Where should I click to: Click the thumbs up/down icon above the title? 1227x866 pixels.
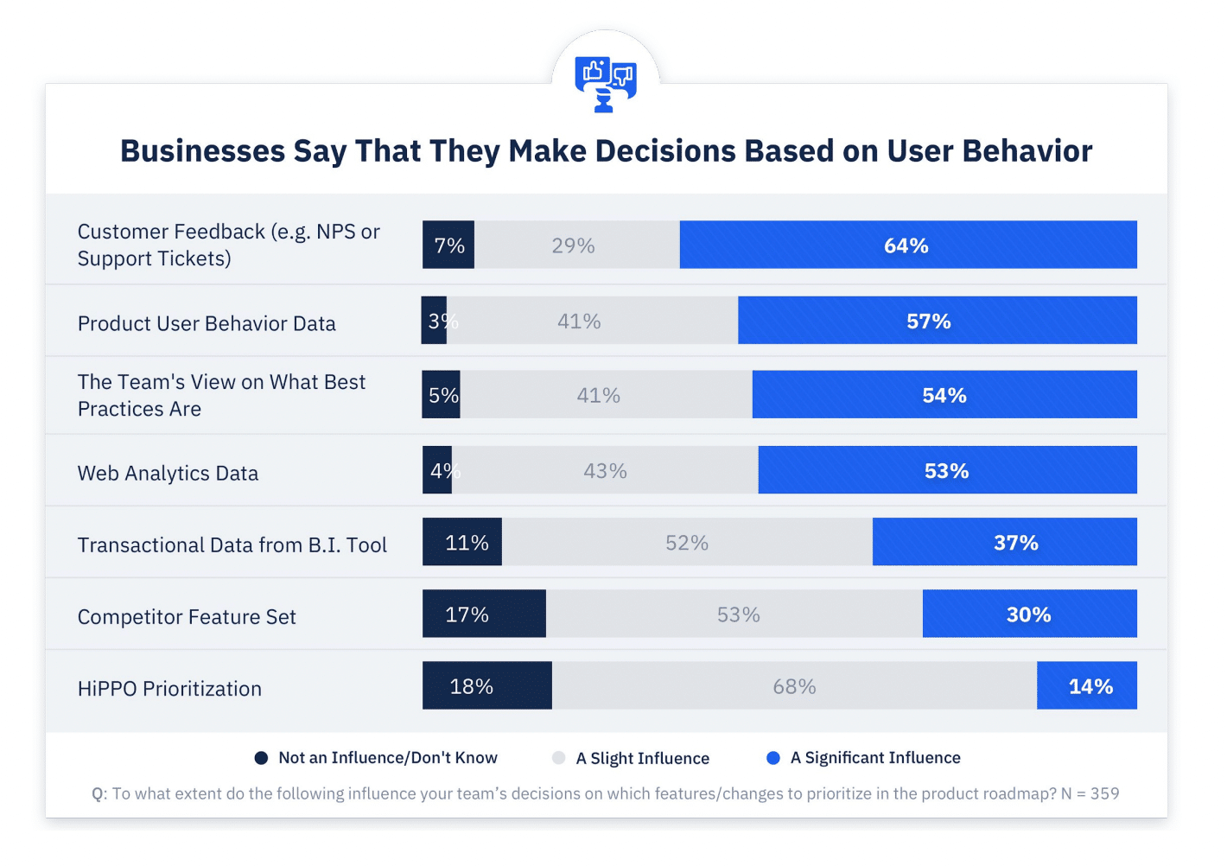(606, 84)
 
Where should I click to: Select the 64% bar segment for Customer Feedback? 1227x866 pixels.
(907, 245)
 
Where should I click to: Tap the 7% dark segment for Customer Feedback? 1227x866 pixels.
(448, 245)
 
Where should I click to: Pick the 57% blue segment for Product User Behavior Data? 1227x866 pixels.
(937, 321)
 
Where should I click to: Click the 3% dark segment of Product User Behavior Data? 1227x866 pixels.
(434, 321)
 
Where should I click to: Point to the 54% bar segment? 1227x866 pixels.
(944, 395)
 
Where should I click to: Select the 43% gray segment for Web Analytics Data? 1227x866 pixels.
(605, 471)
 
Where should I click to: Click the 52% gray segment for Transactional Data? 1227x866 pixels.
(687, 543)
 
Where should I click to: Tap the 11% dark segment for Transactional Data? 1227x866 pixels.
(462, 543)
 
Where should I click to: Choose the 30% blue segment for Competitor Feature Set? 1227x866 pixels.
(1029, 614)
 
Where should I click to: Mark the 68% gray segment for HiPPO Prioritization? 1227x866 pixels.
(794, 686)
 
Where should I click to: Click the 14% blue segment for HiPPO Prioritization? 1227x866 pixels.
(1087, 686)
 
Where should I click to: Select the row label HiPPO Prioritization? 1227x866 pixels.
(169, 689)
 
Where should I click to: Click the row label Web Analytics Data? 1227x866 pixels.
(168, 474)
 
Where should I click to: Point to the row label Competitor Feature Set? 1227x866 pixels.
(187, 617)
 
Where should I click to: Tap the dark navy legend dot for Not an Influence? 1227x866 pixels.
(261, 758)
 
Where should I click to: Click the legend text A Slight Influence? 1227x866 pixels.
(642, 758)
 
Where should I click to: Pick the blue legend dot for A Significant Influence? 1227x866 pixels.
(773, 758)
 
